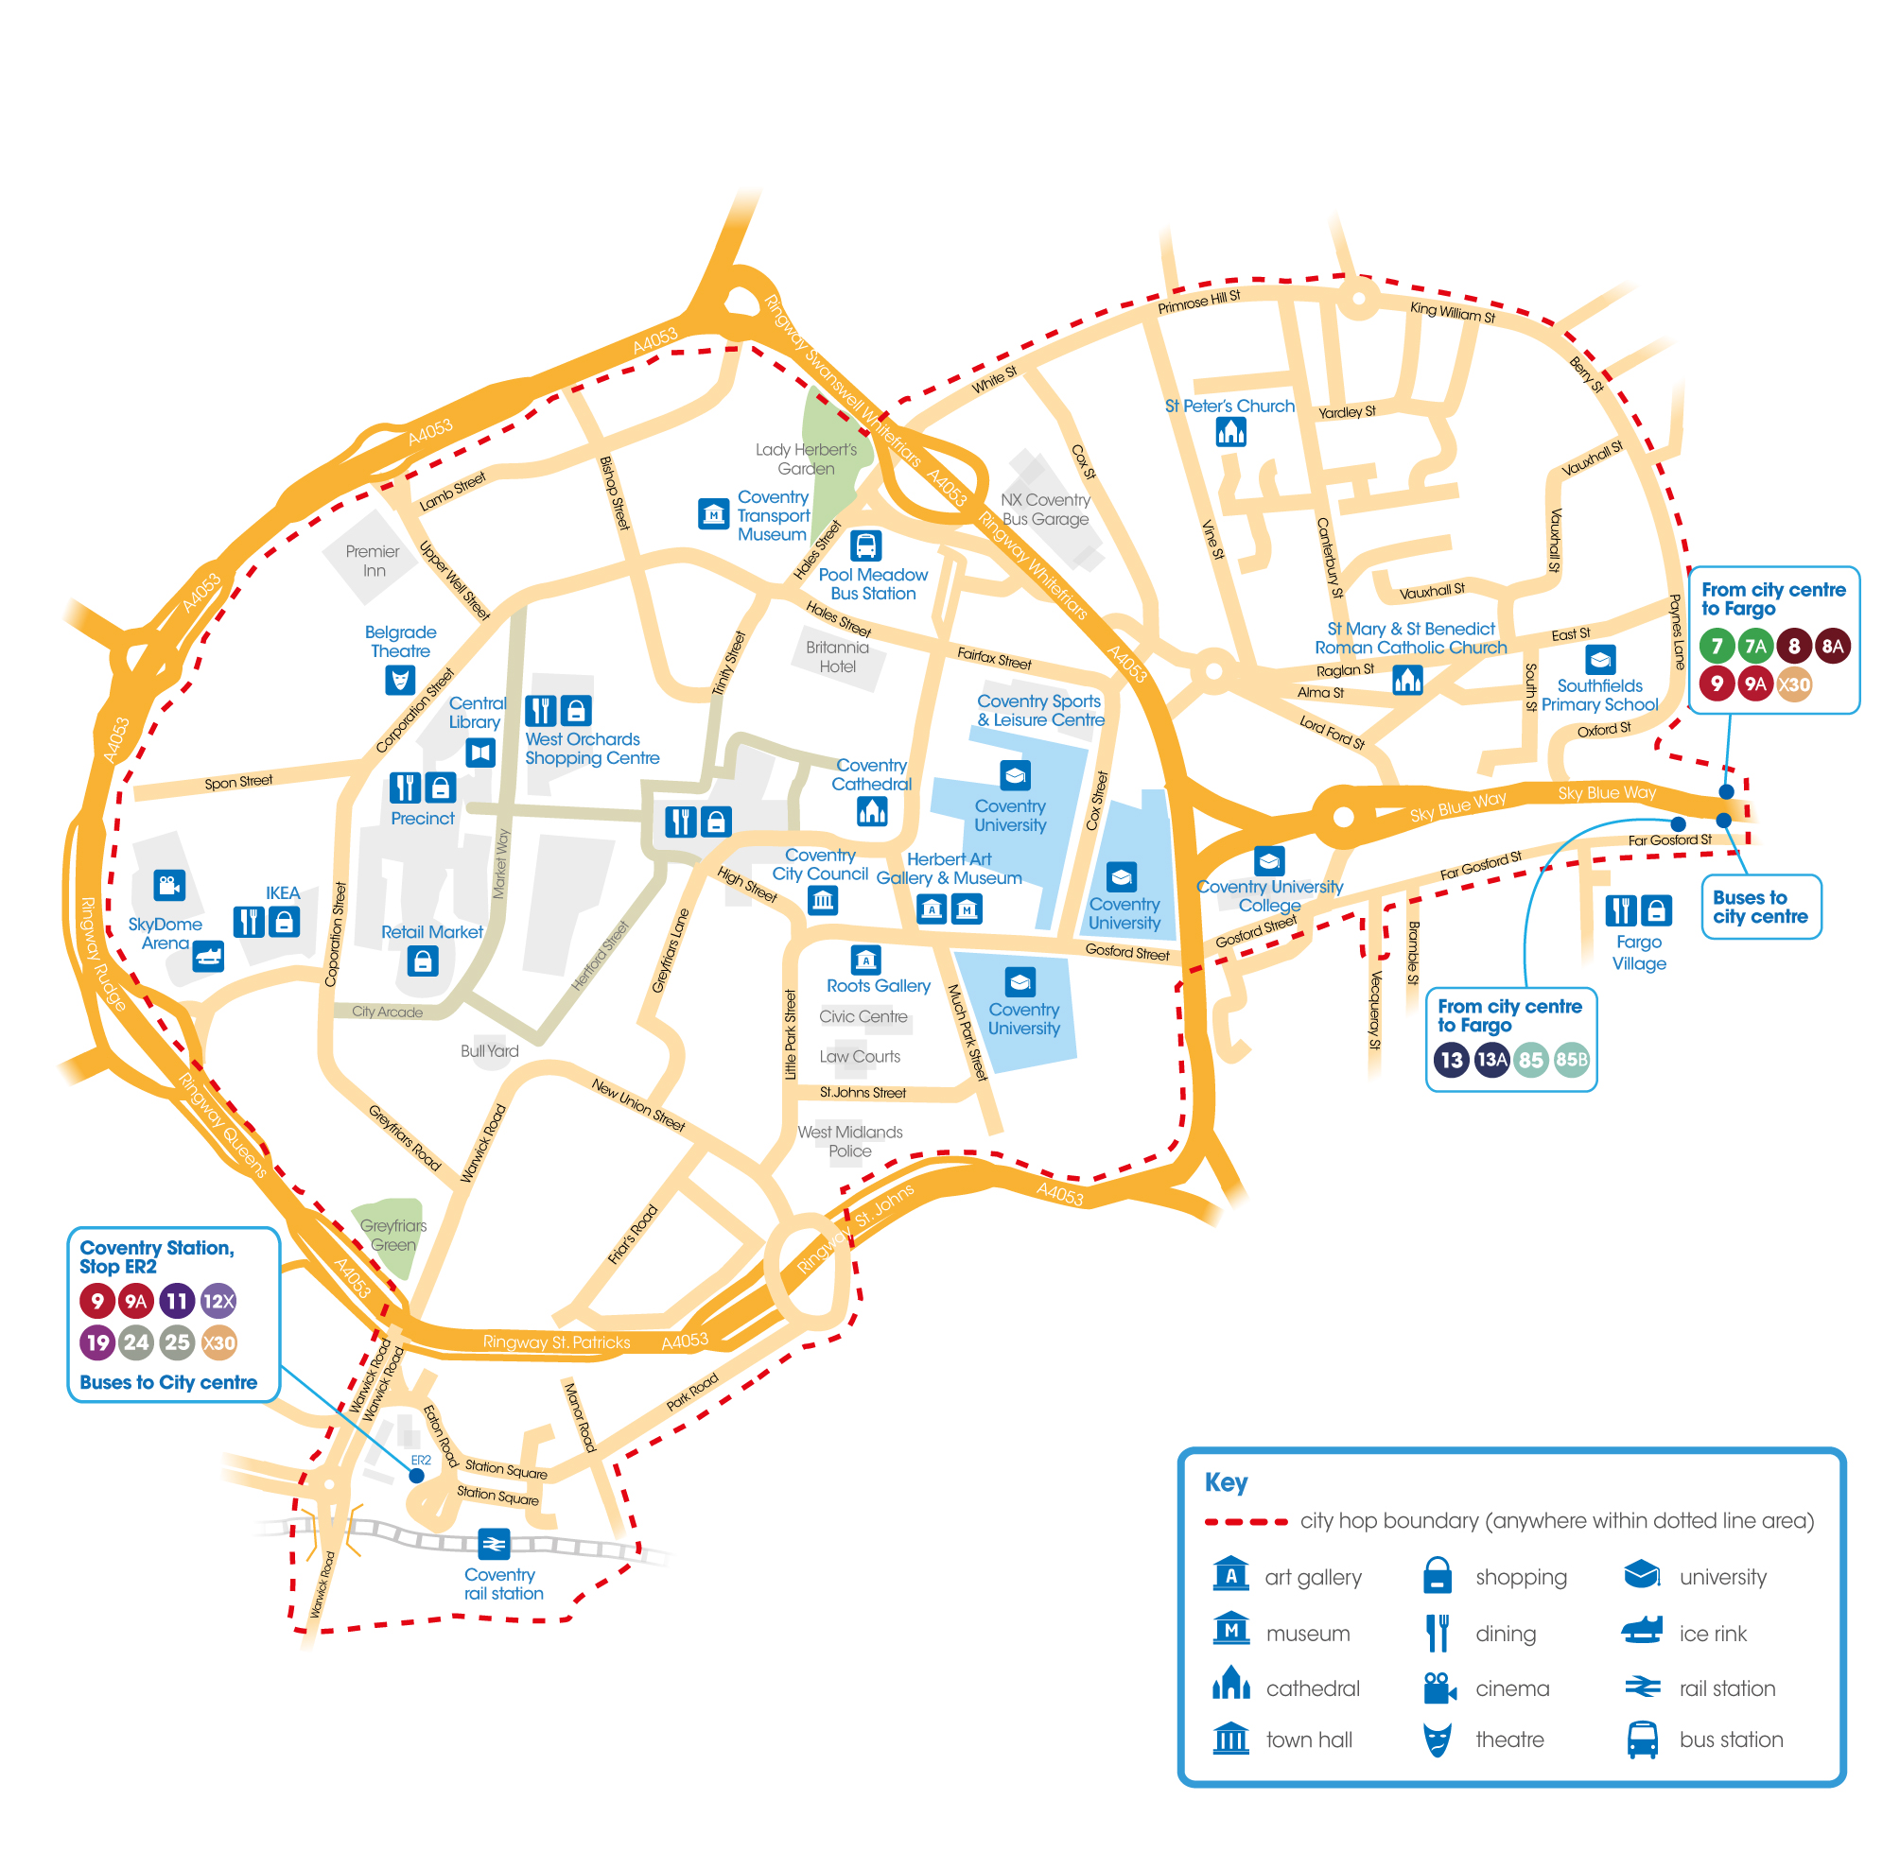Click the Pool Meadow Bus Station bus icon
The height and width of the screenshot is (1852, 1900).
(864, 545)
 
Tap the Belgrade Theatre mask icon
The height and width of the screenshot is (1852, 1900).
(400, 679)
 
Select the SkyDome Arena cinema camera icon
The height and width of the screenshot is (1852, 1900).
(168, 884)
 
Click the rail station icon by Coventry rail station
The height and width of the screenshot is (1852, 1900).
(494, 1543)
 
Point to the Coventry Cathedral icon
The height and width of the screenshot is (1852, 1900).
(872, 810)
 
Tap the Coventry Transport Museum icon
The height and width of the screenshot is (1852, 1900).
(713, 513)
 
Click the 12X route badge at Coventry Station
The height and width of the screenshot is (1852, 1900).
(218, 1301)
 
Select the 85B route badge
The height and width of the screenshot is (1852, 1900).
(1570, 1059)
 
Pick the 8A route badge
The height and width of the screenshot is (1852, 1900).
(1832, 645)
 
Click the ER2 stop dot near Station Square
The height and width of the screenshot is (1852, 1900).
(416, 1475)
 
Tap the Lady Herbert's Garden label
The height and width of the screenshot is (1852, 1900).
(806, 459)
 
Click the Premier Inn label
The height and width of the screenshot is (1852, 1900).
(373, 561)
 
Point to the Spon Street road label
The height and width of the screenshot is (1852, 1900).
(238, 781)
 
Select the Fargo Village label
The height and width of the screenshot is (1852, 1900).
(1638, 952)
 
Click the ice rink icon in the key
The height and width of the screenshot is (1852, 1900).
(1641, 1631)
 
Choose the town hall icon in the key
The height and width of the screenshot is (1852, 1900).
(1230, 1738)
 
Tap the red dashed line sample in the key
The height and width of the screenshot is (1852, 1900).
(1246, 1521)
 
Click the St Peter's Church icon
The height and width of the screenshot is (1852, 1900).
(1230, 431)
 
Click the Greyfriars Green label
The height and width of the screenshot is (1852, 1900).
(393, 1235)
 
